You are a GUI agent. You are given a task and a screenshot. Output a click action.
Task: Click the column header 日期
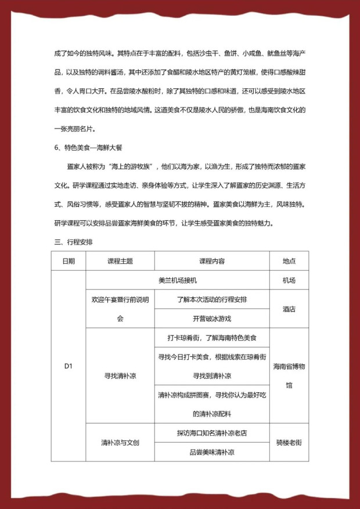[69, 261]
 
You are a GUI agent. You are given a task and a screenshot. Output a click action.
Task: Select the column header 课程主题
[120, 261]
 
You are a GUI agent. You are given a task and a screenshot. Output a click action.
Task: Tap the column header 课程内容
[212, 261]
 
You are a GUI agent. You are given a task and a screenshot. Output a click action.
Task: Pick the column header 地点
[289, 261]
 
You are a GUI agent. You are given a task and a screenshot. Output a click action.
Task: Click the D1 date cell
[69, 366]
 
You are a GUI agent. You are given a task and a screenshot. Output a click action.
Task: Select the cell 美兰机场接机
[178, 280]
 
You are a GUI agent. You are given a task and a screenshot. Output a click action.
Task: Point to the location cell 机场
[289, 280]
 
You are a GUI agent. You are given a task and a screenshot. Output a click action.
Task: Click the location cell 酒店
[289, 309]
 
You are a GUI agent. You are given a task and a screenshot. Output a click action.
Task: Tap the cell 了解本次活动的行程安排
[212, 299]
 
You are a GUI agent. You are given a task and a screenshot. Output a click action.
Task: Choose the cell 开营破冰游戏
[212, 318]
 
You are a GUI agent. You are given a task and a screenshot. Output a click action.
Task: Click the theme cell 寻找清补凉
[120, 375]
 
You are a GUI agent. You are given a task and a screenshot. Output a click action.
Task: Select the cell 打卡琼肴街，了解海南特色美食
[212, 338]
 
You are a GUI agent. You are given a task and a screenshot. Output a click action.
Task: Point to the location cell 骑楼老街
[289, 442]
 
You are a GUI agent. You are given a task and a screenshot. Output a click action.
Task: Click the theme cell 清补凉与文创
[120, 442]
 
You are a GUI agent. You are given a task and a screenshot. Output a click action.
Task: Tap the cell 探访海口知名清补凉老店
[212, 433]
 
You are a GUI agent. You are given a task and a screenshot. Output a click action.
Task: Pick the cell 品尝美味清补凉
[212, 451]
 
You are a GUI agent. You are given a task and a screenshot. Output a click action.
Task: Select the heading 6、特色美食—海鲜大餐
[89, 148]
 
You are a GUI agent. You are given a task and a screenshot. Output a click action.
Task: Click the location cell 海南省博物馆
[289, 375]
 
